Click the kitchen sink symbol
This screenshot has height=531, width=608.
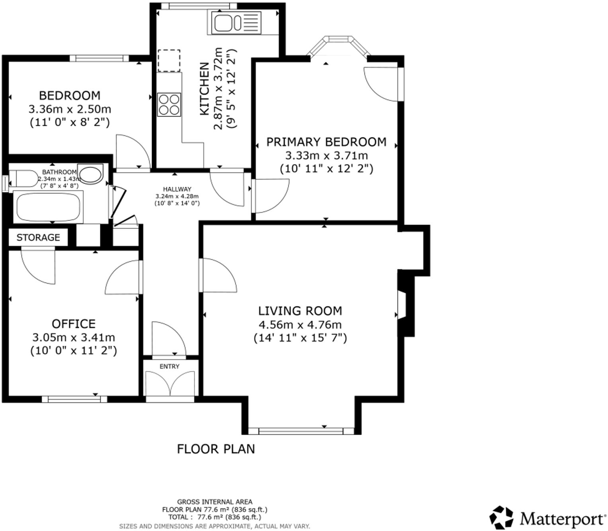tap(236, 23)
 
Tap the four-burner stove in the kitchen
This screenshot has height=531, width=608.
tap(169, 104)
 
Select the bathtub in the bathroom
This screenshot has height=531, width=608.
tap(48, 207)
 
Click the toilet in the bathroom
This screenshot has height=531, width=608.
tap(23, 179)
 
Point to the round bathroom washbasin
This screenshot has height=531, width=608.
tap(91, 174)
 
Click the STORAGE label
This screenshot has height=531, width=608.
tap(38, 237)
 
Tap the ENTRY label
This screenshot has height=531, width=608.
tap(170, 366)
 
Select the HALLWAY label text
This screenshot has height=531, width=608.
tap(177, 189)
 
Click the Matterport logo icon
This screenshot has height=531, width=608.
tap(501, 517)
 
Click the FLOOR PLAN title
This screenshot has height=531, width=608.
tap(216, 449)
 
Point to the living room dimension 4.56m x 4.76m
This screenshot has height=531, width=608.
tap(300, 325)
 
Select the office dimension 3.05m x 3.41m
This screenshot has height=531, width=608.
tap(74, 337)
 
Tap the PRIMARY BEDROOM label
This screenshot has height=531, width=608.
tap(326, 142)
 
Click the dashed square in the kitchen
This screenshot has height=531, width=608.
tap(169, 61)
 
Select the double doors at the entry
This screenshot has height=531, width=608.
tap(170, 384)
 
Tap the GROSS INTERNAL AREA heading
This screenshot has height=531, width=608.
tap(214, 502)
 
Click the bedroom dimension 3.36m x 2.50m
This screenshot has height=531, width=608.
tap(70, 109)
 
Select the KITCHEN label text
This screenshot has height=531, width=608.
tap(204, 89)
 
